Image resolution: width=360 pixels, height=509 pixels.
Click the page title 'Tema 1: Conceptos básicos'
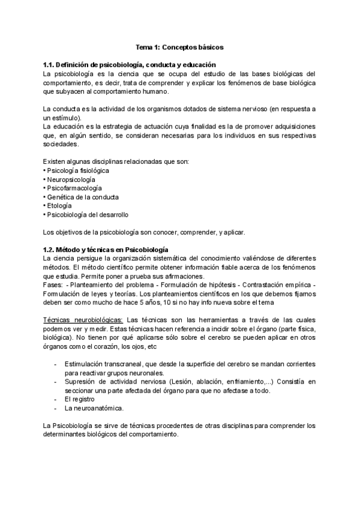[x=180, y=46]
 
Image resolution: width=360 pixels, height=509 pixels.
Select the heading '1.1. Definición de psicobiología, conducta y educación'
[x=130, y=64]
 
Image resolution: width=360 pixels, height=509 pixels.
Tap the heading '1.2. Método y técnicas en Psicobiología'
[x=106, y=249]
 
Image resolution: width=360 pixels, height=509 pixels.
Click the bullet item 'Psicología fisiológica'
[x=78, y=170]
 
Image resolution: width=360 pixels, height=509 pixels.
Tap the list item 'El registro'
[x=88, y=399]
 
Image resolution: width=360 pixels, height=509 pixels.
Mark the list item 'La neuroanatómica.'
[x=97, y=408]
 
